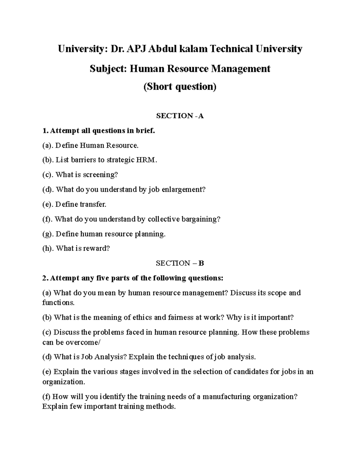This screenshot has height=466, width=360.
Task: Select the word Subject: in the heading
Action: tap(105, 69)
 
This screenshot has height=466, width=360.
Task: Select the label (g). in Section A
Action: tap(48, 234)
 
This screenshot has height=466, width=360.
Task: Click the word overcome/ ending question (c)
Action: tap(83, 342)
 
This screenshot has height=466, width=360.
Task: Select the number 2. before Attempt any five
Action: tap(45, 278)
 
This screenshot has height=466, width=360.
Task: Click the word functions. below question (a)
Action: tap(58, 302)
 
